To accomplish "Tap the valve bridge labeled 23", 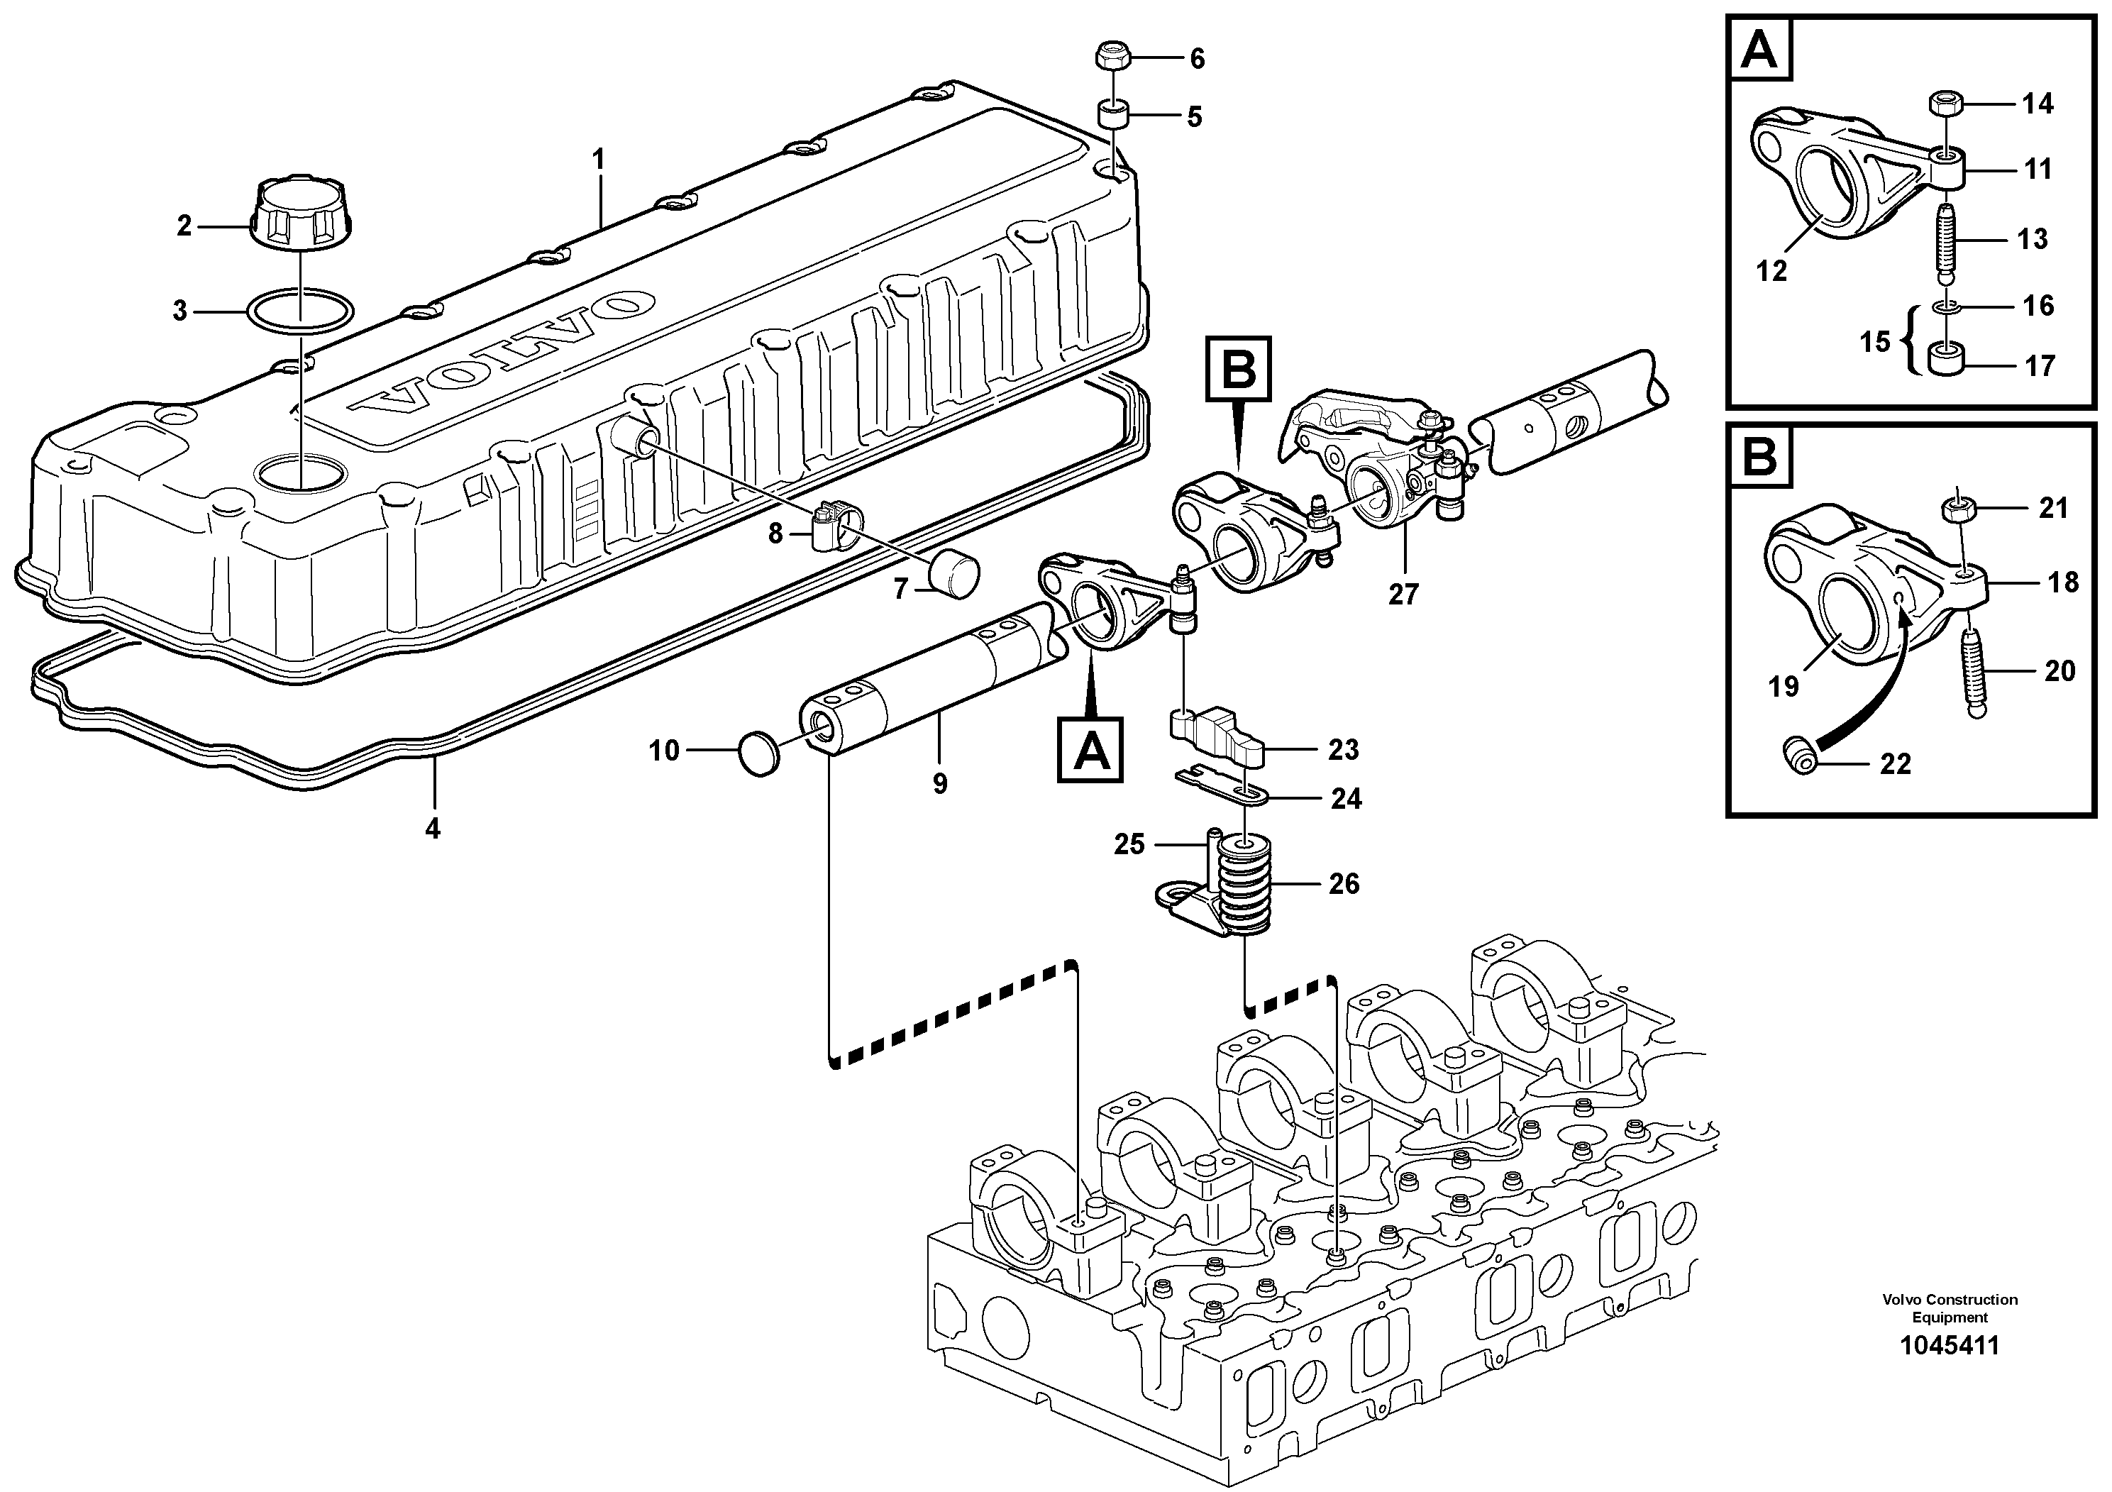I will pos(1219,736).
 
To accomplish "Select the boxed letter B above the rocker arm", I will pos(1238,370).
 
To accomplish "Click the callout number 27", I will pos(1403,595).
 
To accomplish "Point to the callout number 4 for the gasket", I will pos(432,829).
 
